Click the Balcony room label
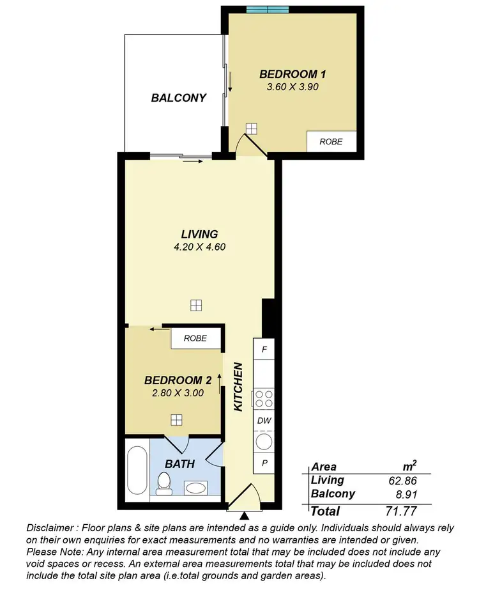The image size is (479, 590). point(179,98)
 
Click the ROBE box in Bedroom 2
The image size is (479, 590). point(195,338)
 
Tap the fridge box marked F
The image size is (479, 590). point(264,350)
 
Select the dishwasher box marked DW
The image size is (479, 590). point(264,421)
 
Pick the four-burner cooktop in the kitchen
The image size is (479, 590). point(264,399)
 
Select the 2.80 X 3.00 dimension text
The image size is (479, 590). point(178,393)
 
